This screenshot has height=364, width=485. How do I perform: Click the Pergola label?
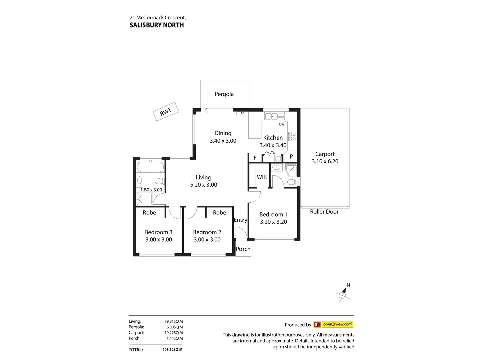pyautogui.click(x=224, y=94)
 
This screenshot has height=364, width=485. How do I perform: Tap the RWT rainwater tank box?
pyautogui.click(x=165, y=112)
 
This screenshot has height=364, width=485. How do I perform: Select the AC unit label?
pyautogui.click(x=243, y=113)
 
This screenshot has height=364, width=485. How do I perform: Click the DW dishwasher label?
pyautogui.click(x=282, y=124)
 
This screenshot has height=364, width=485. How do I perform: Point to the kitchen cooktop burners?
pyautogui.click(x=292, y=136)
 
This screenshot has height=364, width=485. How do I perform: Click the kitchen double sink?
pyautogui.click(x=274, y=116)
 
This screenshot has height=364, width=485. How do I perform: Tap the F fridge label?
pyautogui.click(x=255, y=158)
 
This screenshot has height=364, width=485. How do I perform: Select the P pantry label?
pyautogui.click(x=291, y=157)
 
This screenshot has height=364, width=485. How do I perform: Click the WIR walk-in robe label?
pyautogui.click(x=262, y=177)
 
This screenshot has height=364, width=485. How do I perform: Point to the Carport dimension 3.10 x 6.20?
pyautogui.click(x=325, y=161)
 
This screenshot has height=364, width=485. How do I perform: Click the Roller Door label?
pyautogui.click(x=324, y=212)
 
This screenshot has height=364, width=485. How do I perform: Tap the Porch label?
pyautogui.click(x=243, y=249)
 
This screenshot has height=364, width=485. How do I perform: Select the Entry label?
pyautogui.click(x=240, y=220)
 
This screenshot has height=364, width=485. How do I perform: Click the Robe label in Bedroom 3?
pyautogui.click(x=149, y=213)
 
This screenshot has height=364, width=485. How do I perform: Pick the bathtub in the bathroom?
pyautogui.click(x=150, y=167)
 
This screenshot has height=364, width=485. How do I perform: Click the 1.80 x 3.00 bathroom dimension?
pyautogui.click(x=151, y=190)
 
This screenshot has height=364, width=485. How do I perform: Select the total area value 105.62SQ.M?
pyautogui.click(x=172, y=350)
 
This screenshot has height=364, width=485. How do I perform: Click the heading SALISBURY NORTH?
pyautogui.click(x=157, y=25)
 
